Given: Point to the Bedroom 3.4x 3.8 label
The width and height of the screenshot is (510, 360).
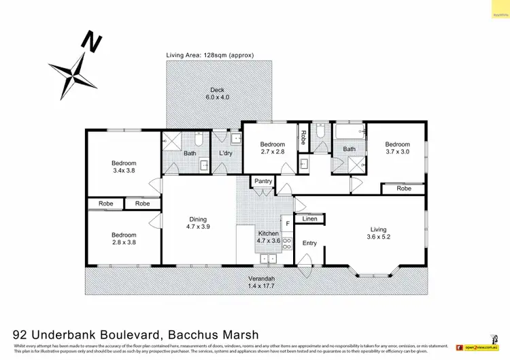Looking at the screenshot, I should [x=124, y=167].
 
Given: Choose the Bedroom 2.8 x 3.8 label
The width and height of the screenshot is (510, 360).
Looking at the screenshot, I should [x=124, y=240].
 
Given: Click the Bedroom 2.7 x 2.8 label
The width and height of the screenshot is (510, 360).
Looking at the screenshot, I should [x=273, y=148].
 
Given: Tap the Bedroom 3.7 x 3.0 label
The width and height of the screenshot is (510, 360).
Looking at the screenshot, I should [x=397, y=148].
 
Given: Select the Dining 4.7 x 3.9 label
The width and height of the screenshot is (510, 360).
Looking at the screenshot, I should [x=198, y=223].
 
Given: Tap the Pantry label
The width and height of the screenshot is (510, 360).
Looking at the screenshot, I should [x=262, y=181].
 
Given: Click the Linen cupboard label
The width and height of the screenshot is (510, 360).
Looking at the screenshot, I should [x=310, y=218].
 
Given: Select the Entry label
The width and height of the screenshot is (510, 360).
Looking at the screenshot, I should [x=309, y=243].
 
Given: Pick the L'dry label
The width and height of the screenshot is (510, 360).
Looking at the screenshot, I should [x=226, y=153].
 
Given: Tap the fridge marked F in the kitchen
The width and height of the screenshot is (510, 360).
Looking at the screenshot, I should [x=288, y=223].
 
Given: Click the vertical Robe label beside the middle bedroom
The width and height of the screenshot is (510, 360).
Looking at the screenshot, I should [x=304, y=138].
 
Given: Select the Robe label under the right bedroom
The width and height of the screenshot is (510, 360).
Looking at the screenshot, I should [x=404, y=189].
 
